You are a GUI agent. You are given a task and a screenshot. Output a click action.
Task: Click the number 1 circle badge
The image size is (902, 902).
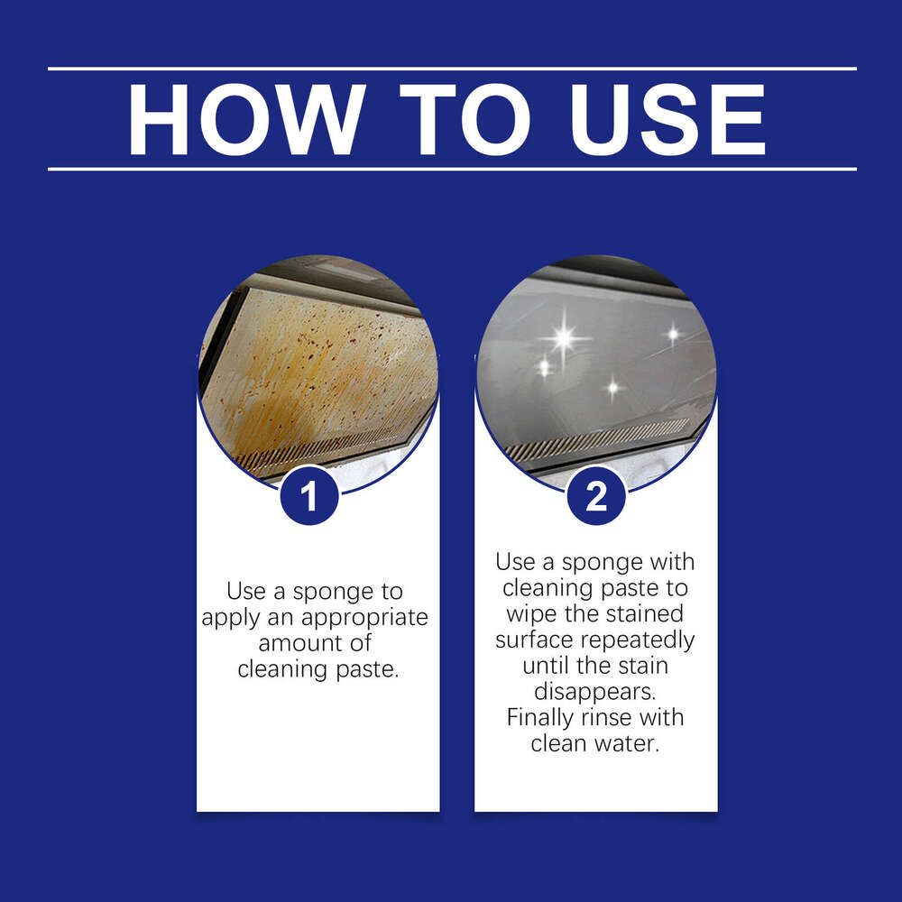click(309, 497)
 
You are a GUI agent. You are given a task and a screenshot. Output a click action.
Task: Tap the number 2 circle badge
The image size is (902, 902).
click(596, 497)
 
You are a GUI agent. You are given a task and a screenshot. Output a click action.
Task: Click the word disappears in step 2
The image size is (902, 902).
click(595, 693)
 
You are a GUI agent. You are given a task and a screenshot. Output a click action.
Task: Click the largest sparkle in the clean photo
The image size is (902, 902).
click(564, 339)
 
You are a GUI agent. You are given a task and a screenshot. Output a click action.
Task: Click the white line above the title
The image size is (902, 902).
click(451, 69)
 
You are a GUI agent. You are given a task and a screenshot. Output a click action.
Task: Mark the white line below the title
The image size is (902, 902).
click(451, 169)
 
